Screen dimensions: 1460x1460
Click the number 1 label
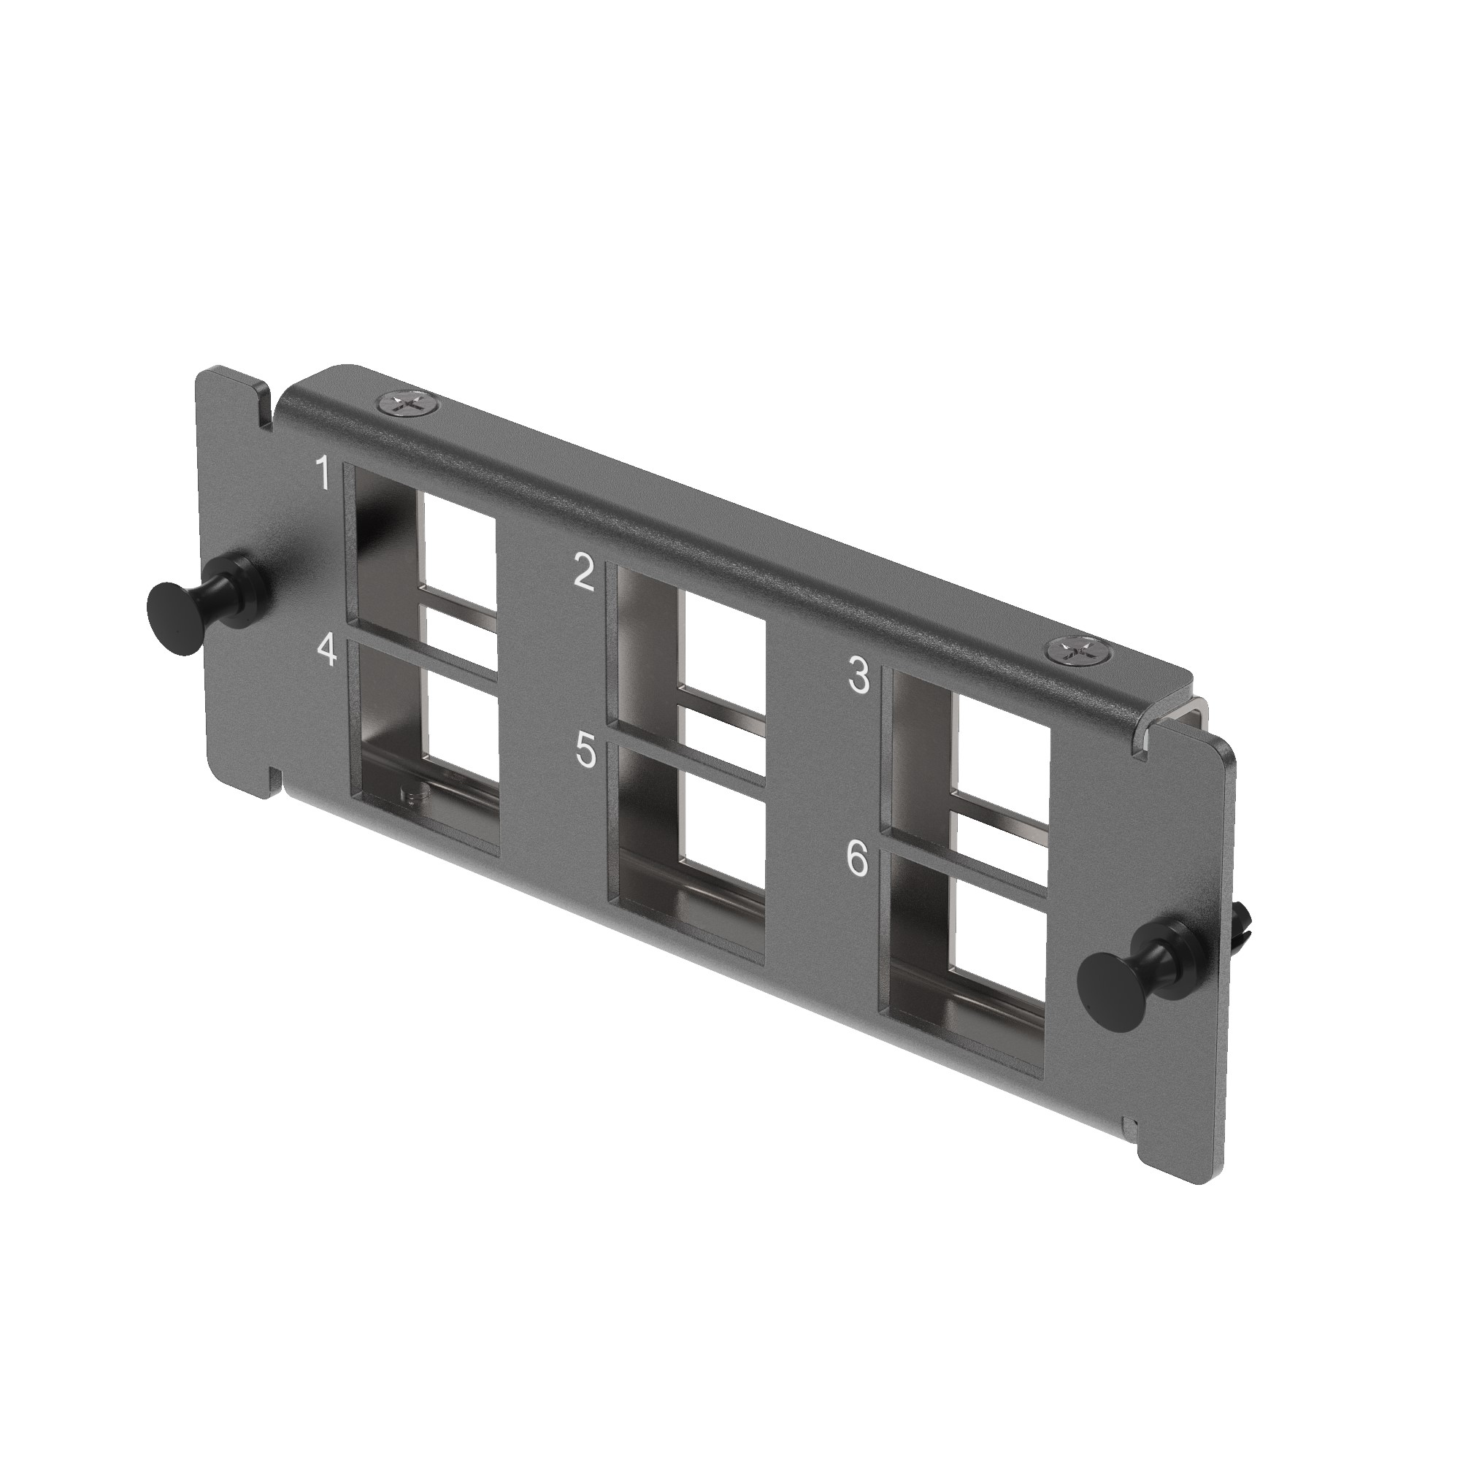[323, 473]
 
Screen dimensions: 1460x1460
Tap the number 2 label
[585, 574]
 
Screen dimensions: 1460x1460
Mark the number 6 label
[858, 860]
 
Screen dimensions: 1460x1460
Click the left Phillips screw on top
[407, 404]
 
